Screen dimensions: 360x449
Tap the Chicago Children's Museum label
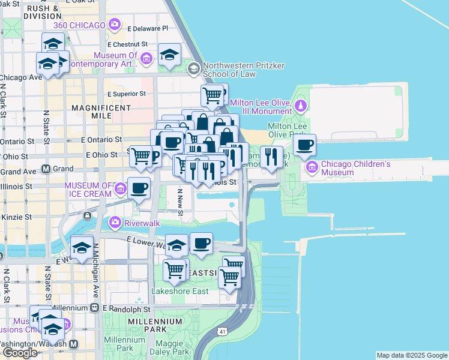click(x=355, y=169)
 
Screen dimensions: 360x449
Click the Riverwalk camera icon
click(x=114, y=223)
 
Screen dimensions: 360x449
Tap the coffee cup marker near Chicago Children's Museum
click(x=305, y=145)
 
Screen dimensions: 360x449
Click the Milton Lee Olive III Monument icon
click(x=301, y=107)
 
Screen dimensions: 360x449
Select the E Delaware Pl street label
click(x=147, y=28)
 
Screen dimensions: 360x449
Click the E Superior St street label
click(x=127, y=94)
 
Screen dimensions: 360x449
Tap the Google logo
click(x=20, y=353)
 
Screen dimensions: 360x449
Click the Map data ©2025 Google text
click(x=412, y=355)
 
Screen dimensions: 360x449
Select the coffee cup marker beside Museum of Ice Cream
click(x=139, y=188)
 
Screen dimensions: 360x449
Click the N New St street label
click(x=179, y=200)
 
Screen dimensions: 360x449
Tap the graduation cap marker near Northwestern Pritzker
click(x=170, y=55)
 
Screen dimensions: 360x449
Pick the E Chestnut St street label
click(x=127, y=44)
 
